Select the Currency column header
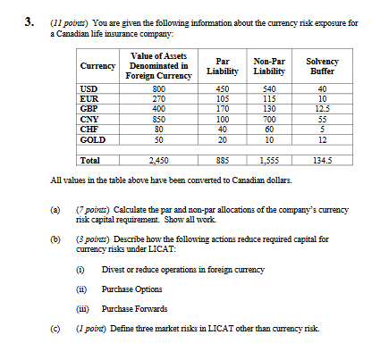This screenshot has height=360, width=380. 97,66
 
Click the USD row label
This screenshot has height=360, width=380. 89,88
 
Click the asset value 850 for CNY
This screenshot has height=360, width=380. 158,118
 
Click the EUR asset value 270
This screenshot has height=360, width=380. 158,98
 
